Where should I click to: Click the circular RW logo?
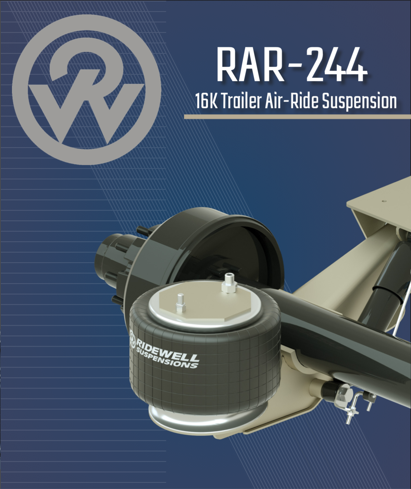click(87, 90)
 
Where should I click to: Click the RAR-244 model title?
click(291, 65)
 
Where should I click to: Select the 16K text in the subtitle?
click(206, 101)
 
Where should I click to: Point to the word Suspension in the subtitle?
click(359, 102)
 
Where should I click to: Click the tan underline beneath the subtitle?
click(297, 117)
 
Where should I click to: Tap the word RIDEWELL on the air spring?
click(168, 351)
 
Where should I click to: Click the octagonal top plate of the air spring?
click(206, 302)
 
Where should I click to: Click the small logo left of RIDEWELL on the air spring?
click(133, 338)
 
